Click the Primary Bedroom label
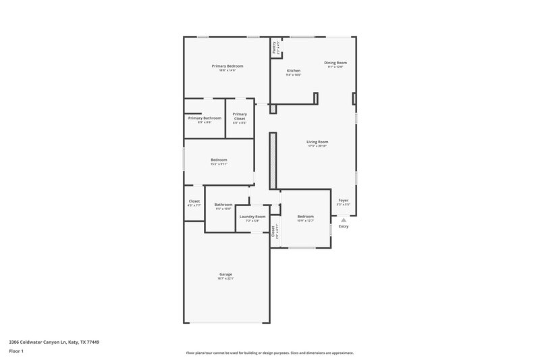[x=227, y=66]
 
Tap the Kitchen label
[x=294, y=70]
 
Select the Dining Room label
[x=335, y=63]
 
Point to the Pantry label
[x=274, y=47]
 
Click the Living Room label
[x=317, y=142]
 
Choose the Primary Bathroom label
[x=205, y=118]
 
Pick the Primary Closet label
[x=240, y=117]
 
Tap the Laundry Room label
[x=252, y=217]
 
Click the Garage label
[x=225, y=274]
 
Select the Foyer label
[x=344, y=200]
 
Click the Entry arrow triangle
[x=344, y=220]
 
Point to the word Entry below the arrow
[x=344, y=226]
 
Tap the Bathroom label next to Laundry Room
[x=223, y=205]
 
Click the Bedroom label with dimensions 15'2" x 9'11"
[x=219, y=160]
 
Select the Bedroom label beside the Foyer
[x=306, y=217]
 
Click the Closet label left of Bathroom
[x=194, y=201]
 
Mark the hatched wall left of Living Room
[x=273, y=160]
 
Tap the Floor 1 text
[x=16, y=352]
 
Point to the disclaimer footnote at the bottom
[x=269, y=353]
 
